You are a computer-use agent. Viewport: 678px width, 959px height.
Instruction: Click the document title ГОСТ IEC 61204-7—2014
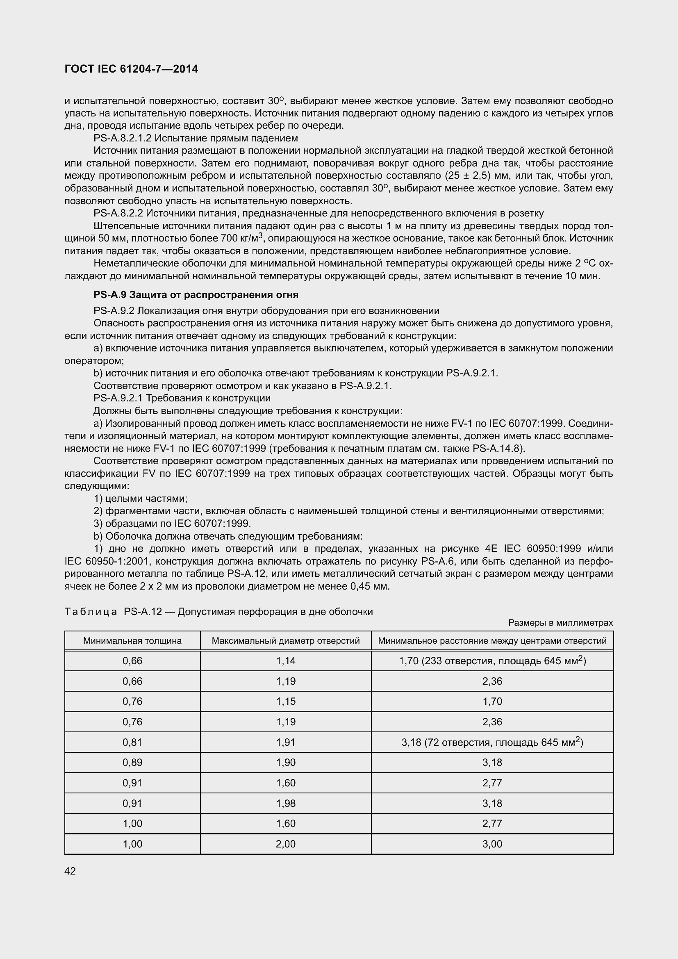[132, 69]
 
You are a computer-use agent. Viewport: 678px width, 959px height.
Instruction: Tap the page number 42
[70, 871]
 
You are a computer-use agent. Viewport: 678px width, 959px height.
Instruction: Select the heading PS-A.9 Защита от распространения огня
[196, 295]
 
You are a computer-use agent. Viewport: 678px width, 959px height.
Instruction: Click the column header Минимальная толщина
[132, 641]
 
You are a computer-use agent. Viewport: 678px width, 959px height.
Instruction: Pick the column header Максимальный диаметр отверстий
[286, 641]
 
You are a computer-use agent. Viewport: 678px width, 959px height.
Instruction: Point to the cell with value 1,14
[286, 661]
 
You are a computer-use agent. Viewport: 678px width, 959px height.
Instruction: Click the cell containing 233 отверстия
[492, 661]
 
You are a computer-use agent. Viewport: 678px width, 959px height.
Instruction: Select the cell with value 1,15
[286, 701]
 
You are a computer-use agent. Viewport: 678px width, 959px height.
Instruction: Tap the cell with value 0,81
[132, 742]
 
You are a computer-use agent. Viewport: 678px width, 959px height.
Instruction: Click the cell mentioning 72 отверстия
[492, 742]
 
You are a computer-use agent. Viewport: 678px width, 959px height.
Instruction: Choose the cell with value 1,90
[286, 762]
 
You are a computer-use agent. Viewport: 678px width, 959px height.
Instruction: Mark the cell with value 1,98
[286, 803]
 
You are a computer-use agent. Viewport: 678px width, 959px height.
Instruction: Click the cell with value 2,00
[286, 844]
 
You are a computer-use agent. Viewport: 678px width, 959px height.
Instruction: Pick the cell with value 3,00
[492, 844]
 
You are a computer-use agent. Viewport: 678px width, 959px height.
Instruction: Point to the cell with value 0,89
[132, 762]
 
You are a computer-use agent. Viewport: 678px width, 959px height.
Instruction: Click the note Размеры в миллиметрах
[560, 623]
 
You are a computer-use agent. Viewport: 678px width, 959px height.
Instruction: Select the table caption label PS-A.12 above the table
[143, 612]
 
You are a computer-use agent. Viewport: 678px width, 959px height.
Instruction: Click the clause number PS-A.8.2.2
[118, 214]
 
